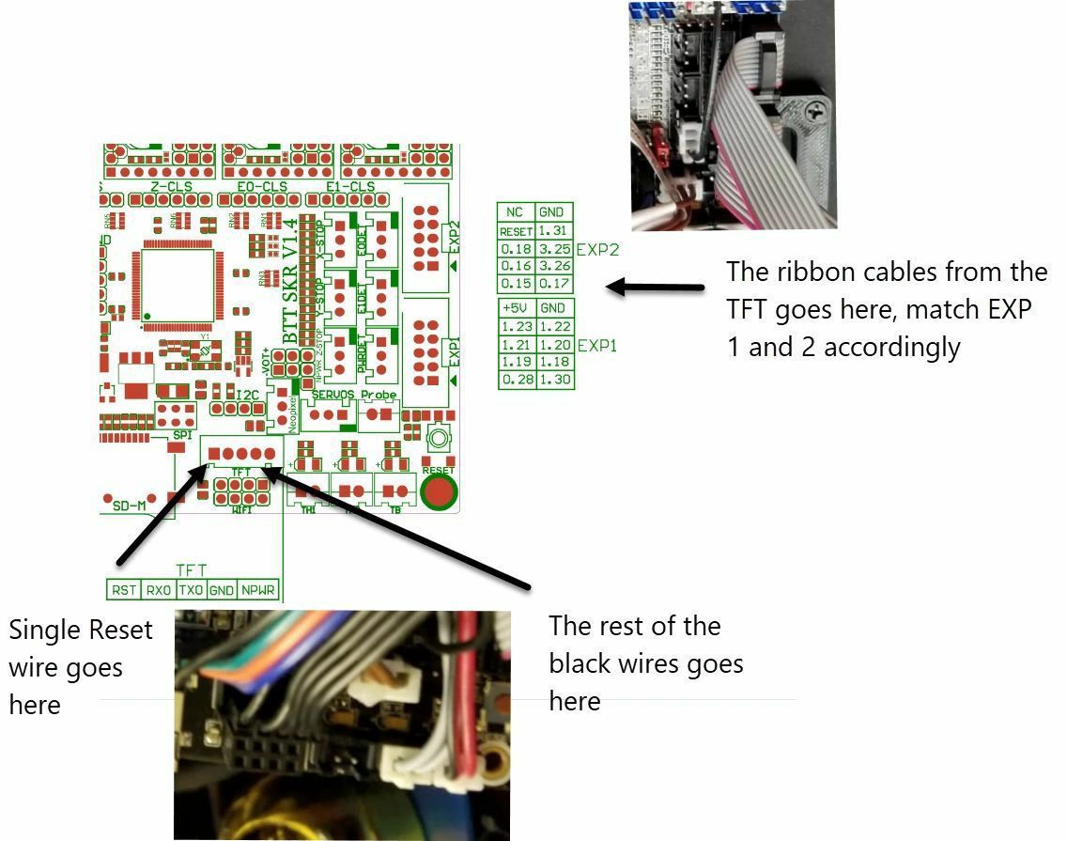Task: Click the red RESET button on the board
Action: (438, 491)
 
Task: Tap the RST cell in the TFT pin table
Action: (123, 590)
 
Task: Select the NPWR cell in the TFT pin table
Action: (257, 590)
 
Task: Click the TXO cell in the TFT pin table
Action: (191, 590)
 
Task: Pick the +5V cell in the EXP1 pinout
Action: (516, 308)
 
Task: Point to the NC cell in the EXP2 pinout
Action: (516, 212)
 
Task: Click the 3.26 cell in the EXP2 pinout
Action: (554, 266)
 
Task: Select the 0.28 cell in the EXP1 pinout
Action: (516, 379)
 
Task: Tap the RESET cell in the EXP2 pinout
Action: (516, 231)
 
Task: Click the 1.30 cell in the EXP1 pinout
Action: (554, 379)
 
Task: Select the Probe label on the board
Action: (379, 395)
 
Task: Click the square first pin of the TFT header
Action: (214, 454)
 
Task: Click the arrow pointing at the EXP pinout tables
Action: (655, 287)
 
